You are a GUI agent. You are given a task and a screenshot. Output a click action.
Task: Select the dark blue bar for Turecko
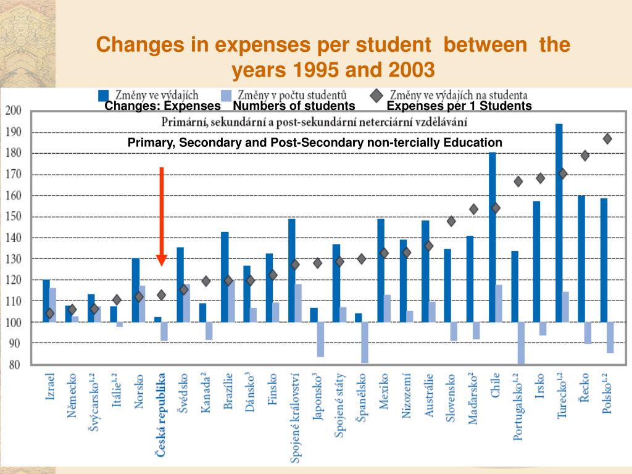tap(559, 222)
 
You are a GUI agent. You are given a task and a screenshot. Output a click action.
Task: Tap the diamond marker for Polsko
tap(607, 139)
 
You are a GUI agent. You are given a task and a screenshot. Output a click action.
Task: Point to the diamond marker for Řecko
tap(585, 156)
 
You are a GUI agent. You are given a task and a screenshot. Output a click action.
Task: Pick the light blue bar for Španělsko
tap(365, 342)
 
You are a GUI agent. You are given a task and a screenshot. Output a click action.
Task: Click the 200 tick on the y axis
tap(13, 111)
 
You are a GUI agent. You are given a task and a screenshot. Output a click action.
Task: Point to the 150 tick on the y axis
tap(13, 217)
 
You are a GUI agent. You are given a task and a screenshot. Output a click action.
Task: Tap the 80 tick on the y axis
tap(14, 364)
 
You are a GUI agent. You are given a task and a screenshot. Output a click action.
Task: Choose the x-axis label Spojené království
tap(295, 417)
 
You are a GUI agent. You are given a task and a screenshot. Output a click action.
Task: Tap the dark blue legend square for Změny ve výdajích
tap(104, 96)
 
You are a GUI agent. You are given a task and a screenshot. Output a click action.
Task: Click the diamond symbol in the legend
tap(376, 96)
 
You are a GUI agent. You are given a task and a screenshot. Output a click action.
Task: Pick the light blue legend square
tap(227, 96)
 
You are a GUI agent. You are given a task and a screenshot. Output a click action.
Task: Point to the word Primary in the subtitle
tap(151, 143)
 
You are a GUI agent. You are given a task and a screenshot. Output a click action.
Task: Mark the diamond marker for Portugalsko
tap(518, 181)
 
